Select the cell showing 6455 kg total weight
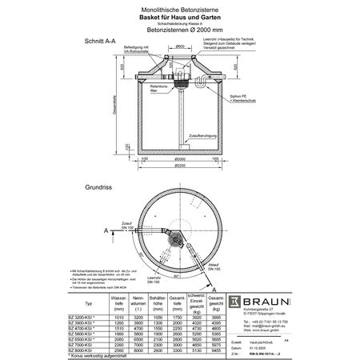tap(214, 350)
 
